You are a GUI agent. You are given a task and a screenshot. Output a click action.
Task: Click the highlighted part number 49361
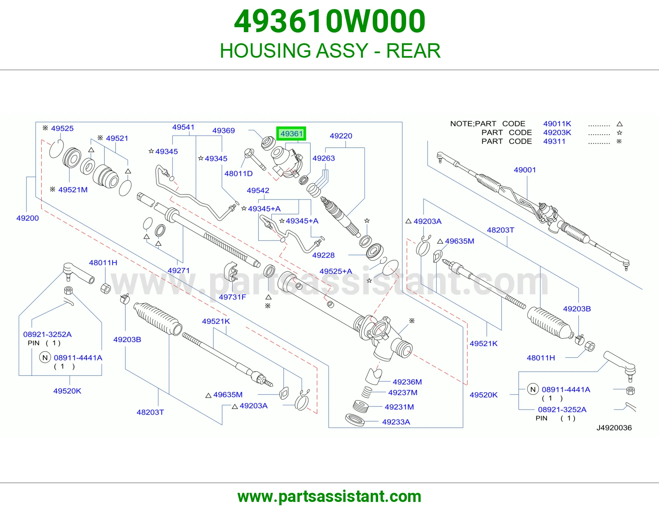click(x=292, y=134)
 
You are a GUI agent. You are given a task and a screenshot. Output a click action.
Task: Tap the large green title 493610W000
click(x=329, y=21)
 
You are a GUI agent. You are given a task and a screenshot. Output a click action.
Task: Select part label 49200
click(x=28, y=218)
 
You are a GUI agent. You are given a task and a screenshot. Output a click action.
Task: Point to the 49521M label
click(x=73, y=190)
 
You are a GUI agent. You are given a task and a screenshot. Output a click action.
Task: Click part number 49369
click(x=224, y=131)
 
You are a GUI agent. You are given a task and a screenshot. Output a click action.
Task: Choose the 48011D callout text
click(x=238, y=173)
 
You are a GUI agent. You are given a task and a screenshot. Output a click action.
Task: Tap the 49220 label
click(x=341, y=136)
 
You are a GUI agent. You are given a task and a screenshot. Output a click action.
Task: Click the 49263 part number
click(x=324, y=158)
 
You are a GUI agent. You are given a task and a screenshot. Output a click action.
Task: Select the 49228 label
click(x=323, y=255)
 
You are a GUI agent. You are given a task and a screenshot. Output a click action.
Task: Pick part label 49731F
click(x=232, y=297)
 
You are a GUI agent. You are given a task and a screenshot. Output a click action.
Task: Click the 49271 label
click(x=179, y=270)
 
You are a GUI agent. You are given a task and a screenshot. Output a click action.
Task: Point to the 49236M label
click(x=407, y=382)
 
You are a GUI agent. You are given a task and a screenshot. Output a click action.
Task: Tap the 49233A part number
click(x=396, y=422)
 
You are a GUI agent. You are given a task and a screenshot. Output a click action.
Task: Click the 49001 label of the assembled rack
click(x=525, y=170)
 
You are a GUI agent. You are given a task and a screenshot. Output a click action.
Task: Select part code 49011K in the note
click(x=557, y=124)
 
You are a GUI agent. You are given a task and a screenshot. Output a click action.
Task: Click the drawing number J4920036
click(x=614, y=428)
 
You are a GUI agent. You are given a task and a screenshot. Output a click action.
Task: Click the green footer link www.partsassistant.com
click(x=329, y=497)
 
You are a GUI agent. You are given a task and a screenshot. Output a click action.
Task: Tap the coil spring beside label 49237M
click(x=367, y=392)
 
